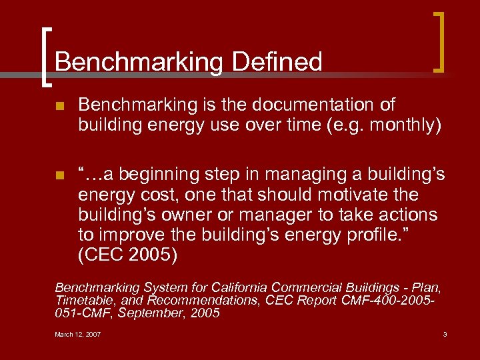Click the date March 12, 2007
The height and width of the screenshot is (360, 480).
point(78,334)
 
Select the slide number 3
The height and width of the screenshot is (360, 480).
point(445,334)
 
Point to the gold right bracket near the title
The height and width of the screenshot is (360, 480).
point(439,41)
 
